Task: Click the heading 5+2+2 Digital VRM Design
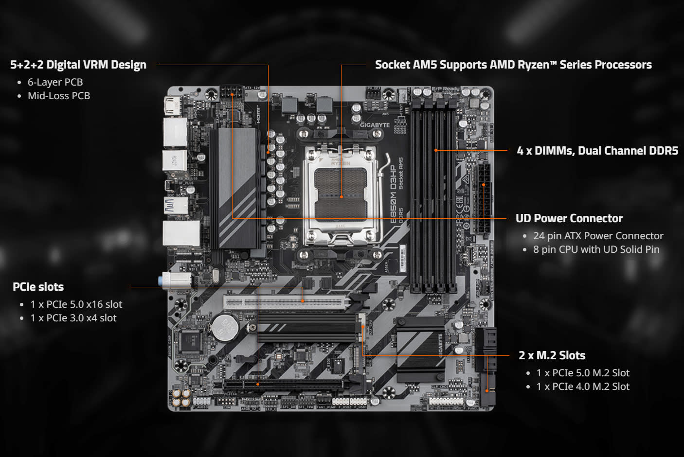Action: [78, 65]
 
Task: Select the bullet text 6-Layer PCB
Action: [55, 82]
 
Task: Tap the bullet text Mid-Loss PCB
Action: [59, 96]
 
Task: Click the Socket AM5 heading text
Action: [513, 65]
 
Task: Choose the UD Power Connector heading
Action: [569, 218]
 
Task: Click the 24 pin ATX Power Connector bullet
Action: [598, 236]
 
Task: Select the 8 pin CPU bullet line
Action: [596, 249]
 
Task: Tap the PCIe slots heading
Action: [38, 287]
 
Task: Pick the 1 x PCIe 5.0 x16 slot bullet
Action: [76, 304]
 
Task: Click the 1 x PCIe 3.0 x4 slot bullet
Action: [73, 318]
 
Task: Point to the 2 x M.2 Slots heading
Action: [552, 355]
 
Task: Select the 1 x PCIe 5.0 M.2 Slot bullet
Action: [583, 373]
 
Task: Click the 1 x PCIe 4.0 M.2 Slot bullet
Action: [583, 387]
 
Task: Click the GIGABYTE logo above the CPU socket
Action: [375, 125]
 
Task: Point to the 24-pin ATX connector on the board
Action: [483, 198]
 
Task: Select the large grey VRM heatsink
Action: [237, 187]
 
